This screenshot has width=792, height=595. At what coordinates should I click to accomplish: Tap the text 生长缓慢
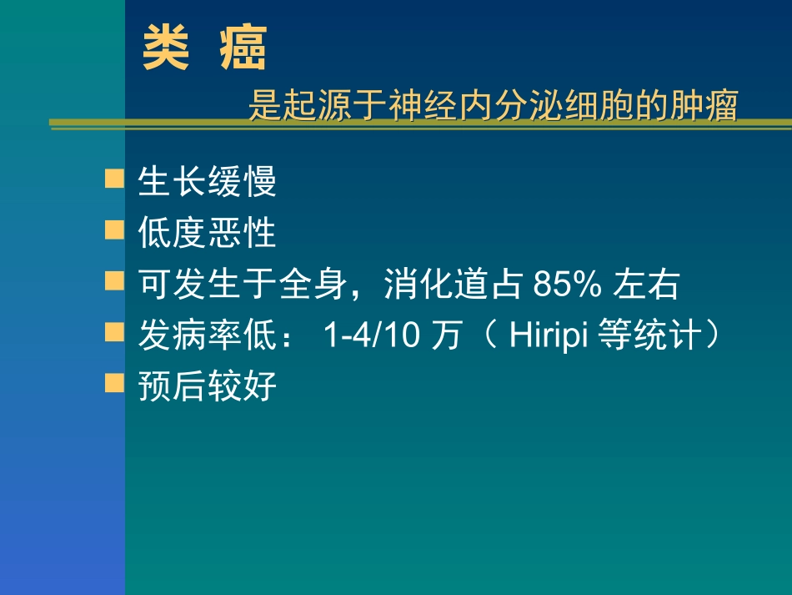pos(207,183)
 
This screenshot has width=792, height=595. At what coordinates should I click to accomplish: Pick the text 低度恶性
pos(207,234)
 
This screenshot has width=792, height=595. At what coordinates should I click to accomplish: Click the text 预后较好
pos(207,387)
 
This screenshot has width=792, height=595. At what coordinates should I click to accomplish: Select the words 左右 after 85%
pos(647,285)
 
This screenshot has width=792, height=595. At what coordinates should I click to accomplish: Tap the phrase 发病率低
pos(207,336)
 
